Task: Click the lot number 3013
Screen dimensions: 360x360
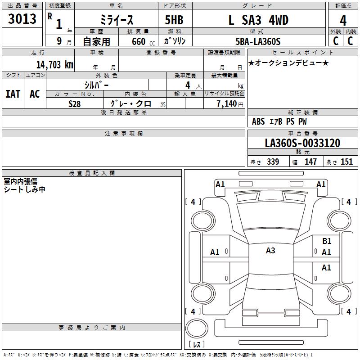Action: pyautogui.click(x=22, y=19)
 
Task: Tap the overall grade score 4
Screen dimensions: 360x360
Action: pyautogui.click(x=343, y=20)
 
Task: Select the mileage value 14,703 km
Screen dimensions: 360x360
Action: pyautogui.click(x=55, y=65)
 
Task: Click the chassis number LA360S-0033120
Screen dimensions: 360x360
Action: pyautogui.click(x=302, y=143)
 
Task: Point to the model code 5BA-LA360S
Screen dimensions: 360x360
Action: pyautogui.click(x=258, y=41)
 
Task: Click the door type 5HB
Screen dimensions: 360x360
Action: pyautogui.click(x=174, y=20)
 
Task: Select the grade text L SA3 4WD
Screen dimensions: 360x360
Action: pyautogui.click(x=258, y=20)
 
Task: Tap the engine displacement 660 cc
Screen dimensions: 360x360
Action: pyautogui.click(x=143, y=41)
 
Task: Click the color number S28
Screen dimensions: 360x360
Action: pyautogui.click(x=75, y=104)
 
